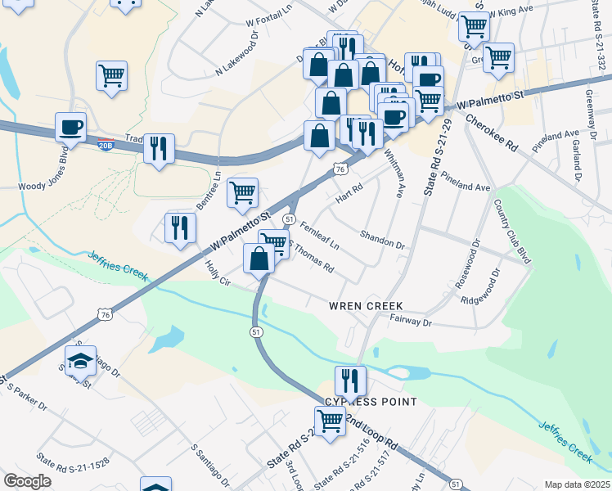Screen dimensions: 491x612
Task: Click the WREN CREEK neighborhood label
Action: (367, 306)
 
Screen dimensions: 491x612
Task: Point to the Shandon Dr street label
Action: (383, 239)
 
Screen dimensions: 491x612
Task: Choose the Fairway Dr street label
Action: (411, 322)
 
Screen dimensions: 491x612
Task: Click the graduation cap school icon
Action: (80, 359)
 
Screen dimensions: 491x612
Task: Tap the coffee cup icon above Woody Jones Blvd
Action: (70, 127)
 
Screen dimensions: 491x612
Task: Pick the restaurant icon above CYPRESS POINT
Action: (349, 380)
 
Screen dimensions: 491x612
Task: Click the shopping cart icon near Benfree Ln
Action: (241, 192)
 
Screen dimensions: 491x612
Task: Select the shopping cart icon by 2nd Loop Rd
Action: (330, 421)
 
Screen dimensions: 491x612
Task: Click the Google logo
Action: (27, 480)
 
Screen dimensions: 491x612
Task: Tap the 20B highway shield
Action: (106, 144)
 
